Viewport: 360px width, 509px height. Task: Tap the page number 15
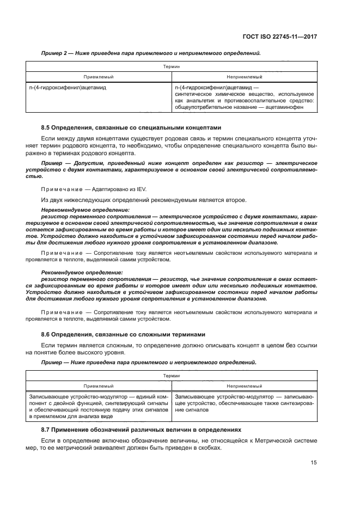click(314, 462)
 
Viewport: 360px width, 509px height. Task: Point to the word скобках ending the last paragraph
click(210, 447)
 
